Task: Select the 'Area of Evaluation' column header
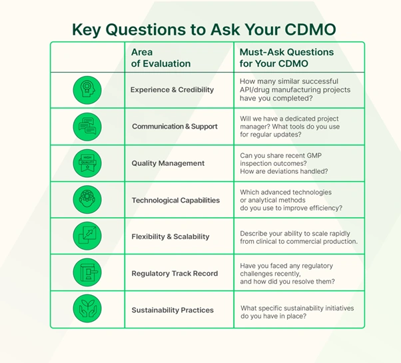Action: click(161, 57)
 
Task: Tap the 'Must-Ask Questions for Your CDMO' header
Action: click(286, 57)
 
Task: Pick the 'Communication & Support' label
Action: click(175, 127)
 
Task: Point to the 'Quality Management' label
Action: click(167, 163)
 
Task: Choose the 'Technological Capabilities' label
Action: click(175, 200)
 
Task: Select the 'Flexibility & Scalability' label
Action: click(171, 236)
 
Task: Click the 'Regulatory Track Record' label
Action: click(175, 273)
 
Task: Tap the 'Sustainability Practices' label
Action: click(172, 310)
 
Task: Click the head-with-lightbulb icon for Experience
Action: click(87, 90)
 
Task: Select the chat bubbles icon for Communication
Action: click(87, 127)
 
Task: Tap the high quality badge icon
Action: click(87, 163)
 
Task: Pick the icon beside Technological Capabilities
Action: click(87, 200)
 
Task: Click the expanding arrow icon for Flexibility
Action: click(87, 236)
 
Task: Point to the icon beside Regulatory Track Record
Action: click(87, 273)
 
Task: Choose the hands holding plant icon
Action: click(87, 310)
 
